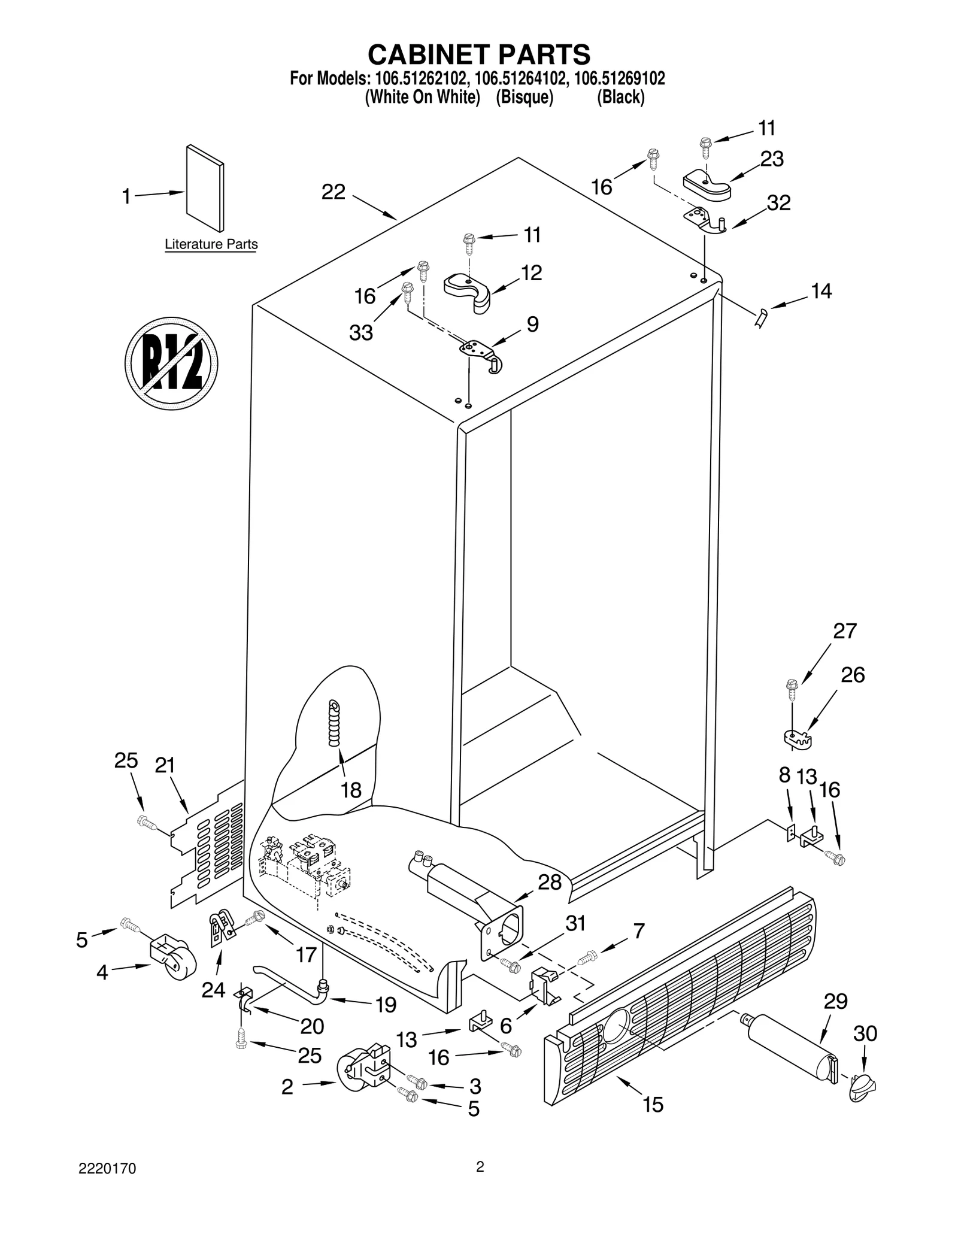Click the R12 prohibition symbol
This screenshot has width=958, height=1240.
coord(171,363)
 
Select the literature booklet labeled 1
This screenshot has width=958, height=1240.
coord(205,187)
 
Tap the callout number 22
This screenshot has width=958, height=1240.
coord(334,192)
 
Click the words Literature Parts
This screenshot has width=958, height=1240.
coord(211,244)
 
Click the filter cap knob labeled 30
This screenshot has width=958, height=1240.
coord(862,1088)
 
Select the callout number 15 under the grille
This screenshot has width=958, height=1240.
coord(653,1105)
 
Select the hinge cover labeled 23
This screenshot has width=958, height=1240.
coord(707,183)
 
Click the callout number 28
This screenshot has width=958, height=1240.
coord(550,882)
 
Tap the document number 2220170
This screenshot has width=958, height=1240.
coord(107,1169)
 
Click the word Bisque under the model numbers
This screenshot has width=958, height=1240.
coord(524,97)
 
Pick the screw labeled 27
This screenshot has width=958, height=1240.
coord(792,690)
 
